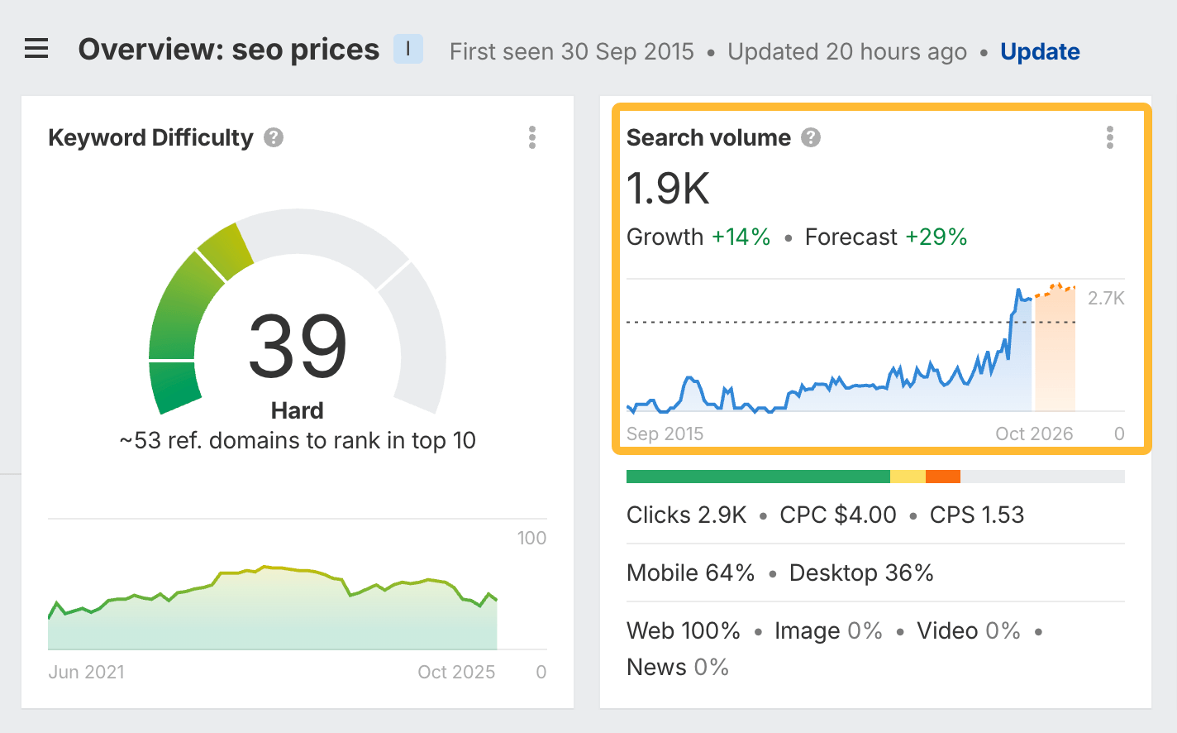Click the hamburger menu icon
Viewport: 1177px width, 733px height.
coord(36,50)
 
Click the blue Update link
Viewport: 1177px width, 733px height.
coord(1040,51)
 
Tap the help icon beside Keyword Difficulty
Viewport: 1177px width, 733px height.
coord(274,137)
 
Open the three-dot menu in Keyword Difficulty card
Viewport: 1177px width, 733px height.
coord(532,137)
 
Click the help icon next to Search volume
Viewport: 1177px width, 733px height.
coord(811,137)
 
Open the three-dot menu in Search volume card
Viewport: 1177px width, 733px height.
coord(1109,137)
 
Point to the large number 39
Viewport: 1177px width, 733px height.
coord(298,347)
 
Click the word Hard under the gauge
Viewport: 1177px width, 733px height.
coord(298,410)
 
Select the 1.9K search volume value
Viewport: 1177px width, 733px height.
coord(668,189)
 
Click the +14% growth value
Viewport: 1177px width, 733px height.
coord(741,237)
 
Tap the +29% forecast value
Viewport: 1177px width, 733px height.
coord(936,237)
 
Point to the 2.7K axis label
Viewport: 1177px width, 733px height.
coord(1106,299)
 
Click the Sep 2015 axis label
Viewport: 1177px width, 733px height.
coord(665,434)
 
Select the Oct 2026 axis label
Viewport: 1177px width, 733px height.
coord(1034,434)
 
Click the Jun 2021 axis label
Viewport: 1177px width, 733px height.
coord(86,672)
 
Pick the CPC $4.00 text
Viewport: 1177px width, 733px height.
coord(837,515)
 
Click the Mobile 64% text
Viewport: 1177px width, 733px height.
coord(690,573)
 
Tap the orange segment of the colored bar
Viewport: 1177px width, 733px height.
coord(942,477)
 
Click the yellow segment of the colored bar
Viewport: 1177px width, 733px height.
coord(908,477)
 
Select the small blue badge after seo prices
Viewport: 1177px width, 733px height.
coord(408,50)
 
